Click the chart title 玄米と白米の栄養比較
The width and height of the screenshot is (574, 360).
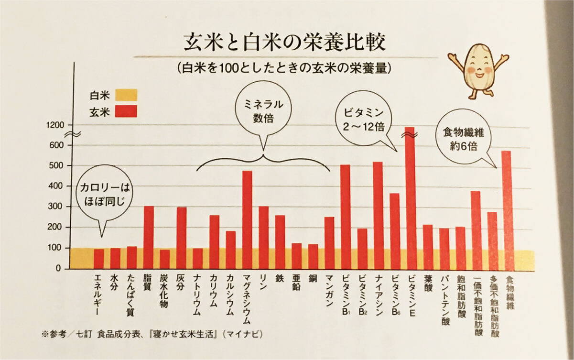point(284,44)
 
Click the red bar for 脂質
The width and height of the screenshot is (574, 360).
point(149,237)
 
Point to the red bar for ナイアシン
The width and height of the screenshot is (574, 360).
point(378,215)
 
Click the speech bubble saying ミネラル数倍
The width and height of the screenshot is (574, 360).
point(264,111)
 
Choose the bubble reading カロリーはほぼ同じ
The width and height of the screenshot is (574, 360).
point(104,192)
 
